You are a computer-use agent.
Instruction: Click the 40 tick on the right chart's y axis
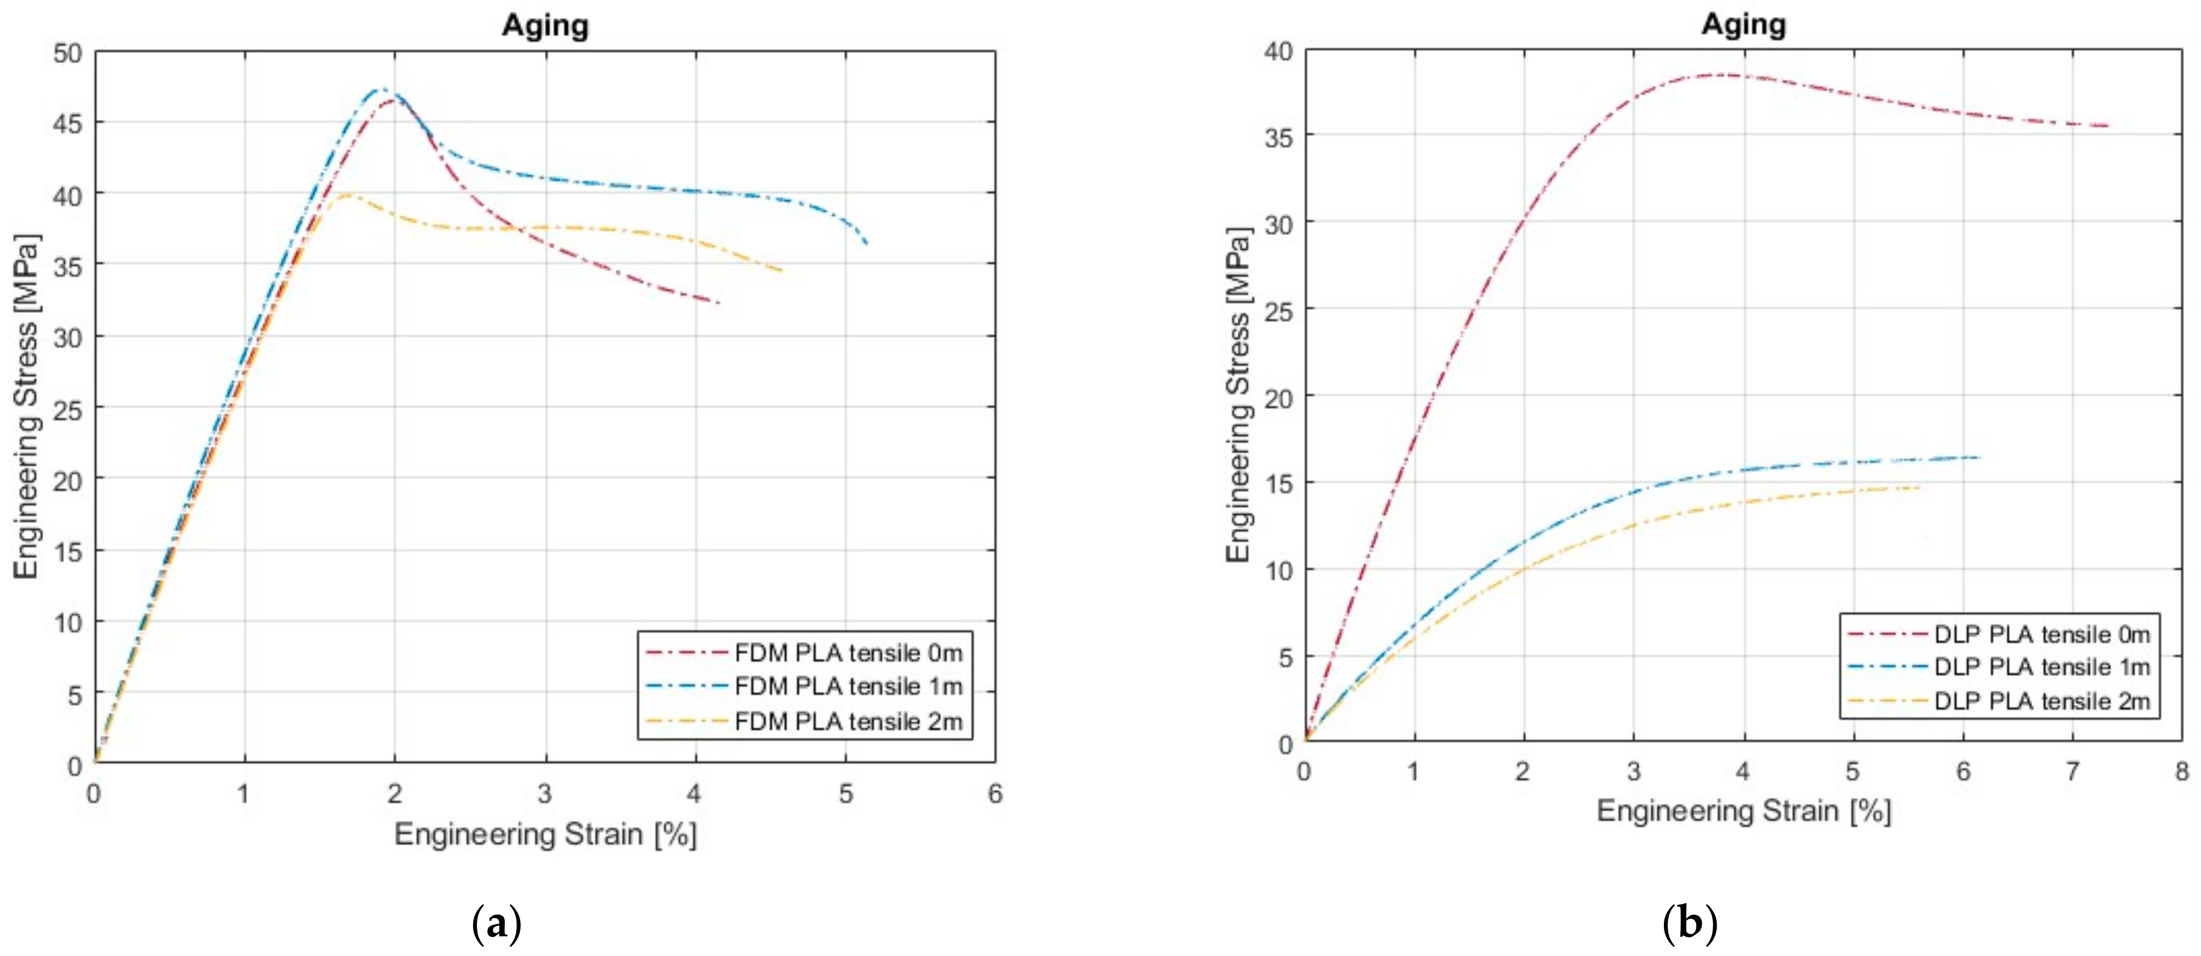(x=1278, y=51)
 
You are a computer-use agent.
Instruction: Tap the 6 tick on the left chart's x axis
(x=994, y=794)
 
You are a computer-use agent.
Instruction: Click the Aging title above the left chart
(x=545, y=26)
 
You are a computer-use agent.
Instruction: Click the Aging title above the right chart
(x=1743, y=24)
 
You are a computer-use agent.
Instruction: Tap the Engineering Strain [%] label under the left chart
(x=545, y=834)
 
